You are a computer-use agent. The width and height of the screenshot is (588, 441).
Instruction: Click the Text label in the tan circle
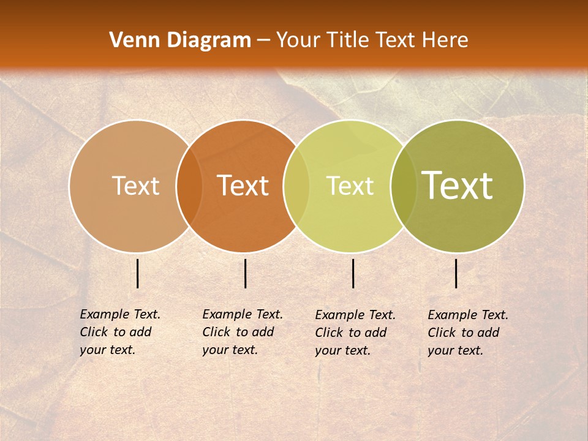point(135,186)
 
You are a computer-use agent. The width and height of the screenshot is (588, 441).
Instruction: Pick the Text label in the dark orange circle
point(243,186)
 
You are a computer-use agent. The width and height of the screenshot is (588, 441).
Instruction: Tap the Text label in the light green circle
point(350,186)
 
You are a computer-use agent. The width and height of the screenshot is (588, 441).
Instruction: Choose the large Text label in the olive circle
point(458,186)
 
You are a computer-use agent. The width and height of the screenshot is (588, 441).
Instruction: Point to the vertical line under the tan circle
point(138,273)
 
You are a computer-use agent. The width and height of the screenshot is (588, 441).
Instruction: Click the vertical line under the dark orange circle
point(245,273)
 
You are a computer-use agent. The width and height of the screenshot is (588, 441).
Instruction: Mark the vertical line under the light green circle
point(353,273)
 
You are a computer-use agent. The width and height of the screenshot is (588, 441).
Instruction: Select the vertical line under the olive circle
point(456,273)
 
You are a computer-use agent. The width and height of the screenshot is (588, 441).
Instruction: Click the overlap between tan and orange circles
point(189,186)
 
